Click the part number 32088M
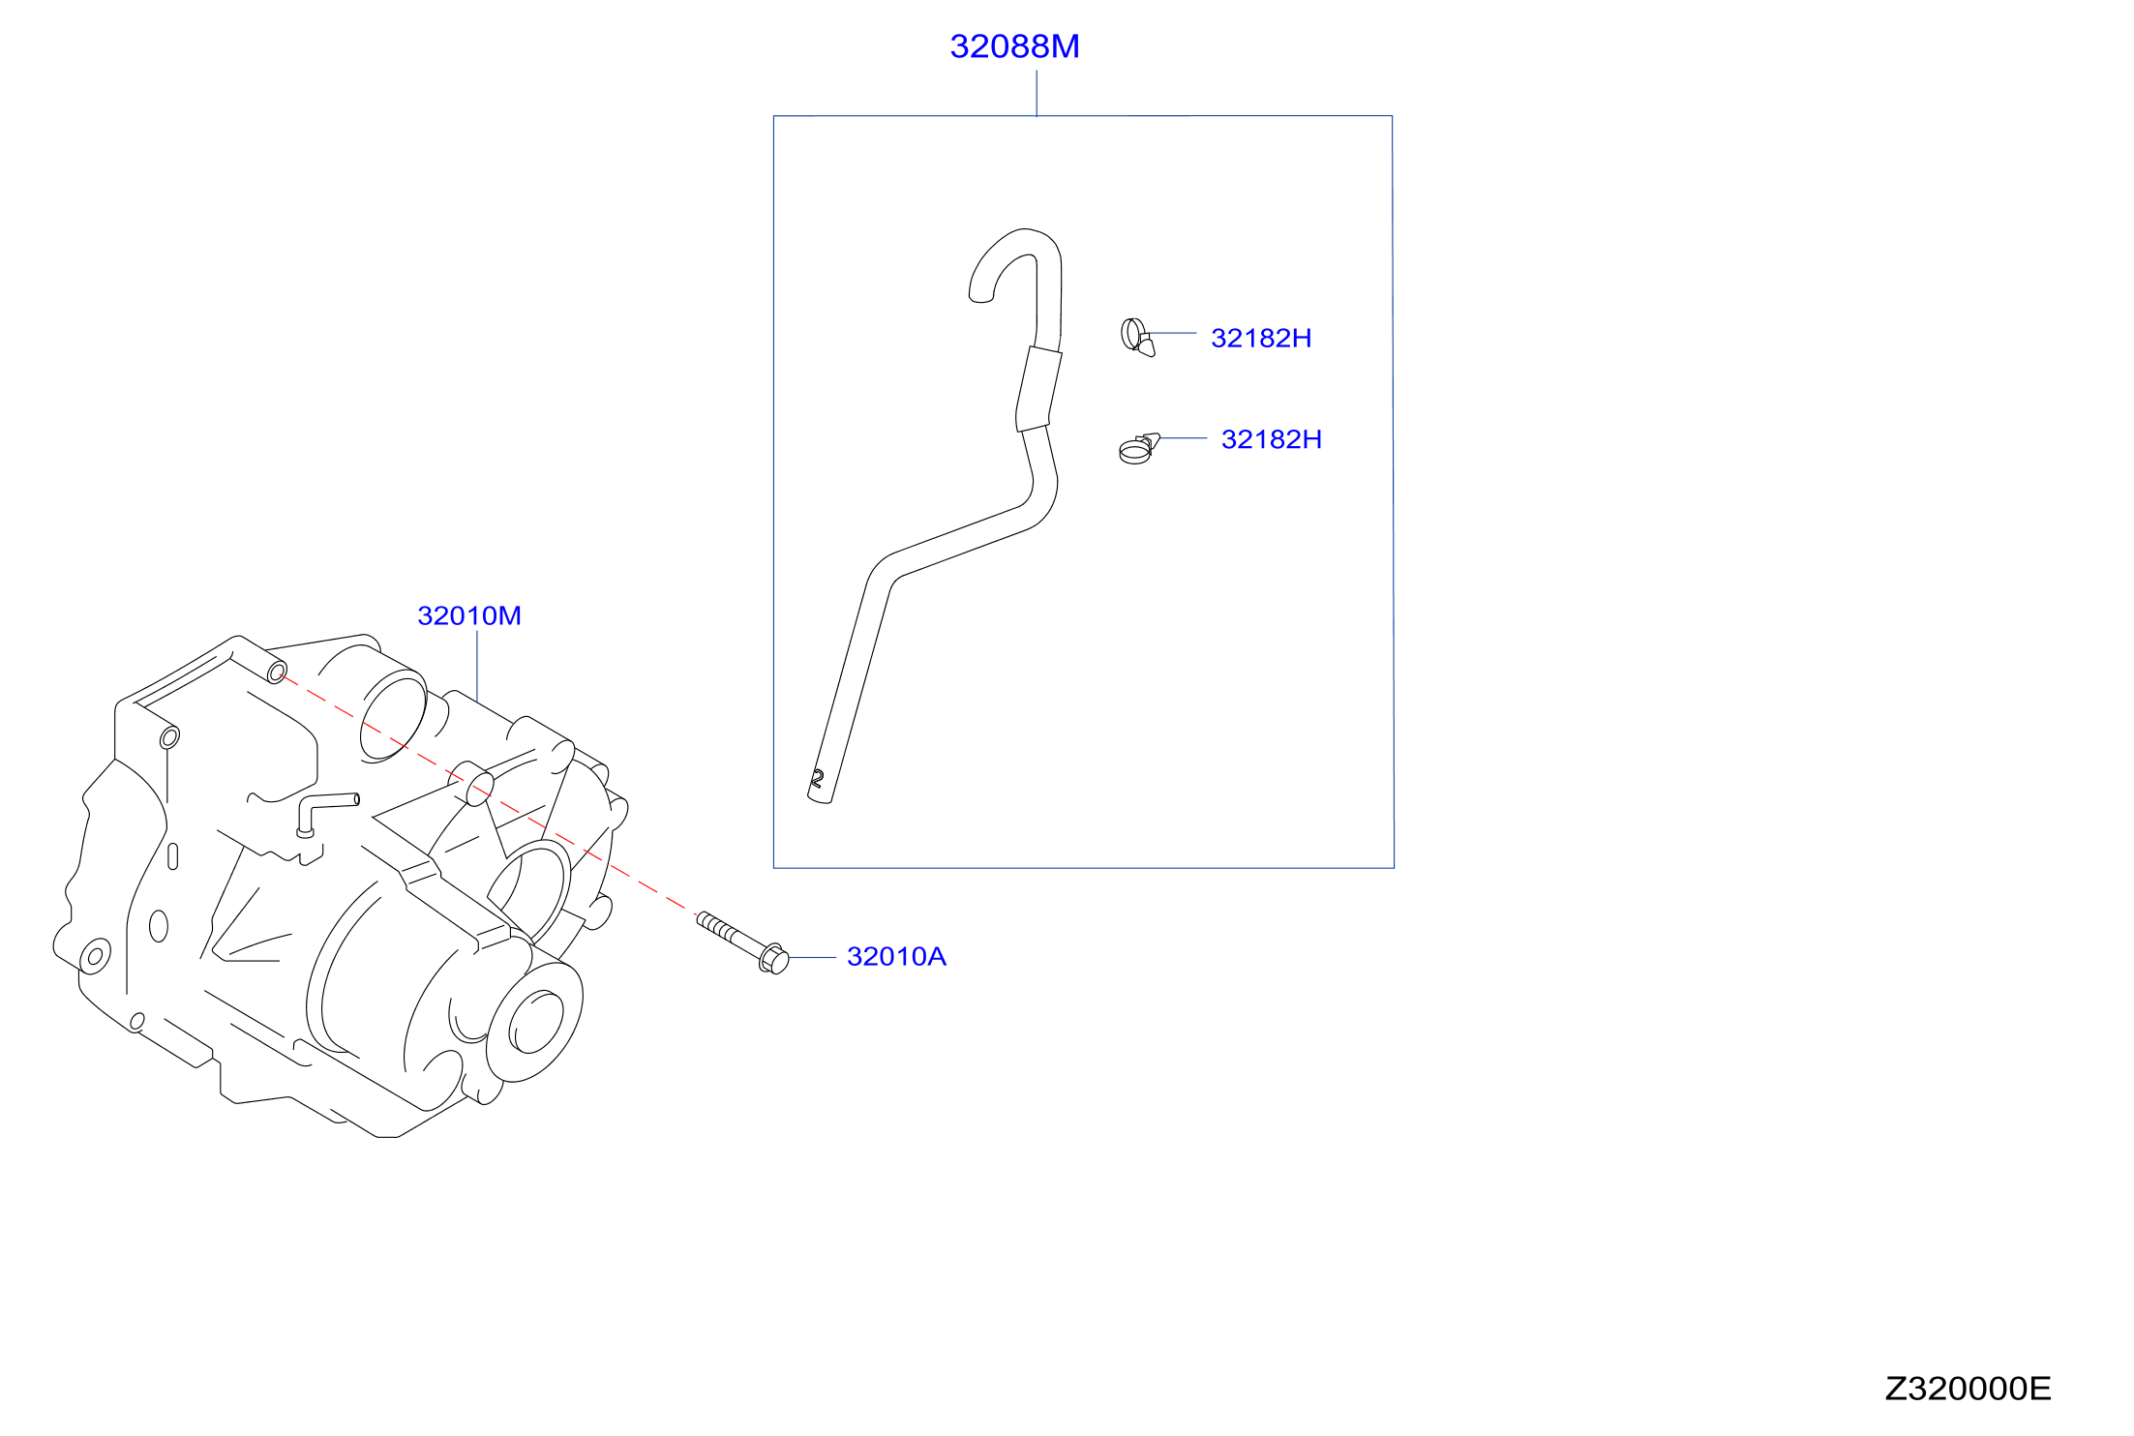[1014, 46]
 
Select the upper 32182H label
[1261, 339]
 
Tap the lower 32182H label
[1272, 439]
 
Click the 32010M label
[469, 615]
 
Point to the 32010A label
[896, 957]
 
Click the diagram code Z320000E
[1968, 1389]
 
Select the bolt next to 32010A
[742, 942]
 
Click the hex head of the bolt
[774, 959]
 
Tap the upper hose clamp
[1137, 337]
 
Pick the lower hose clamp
[1138, 449]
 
